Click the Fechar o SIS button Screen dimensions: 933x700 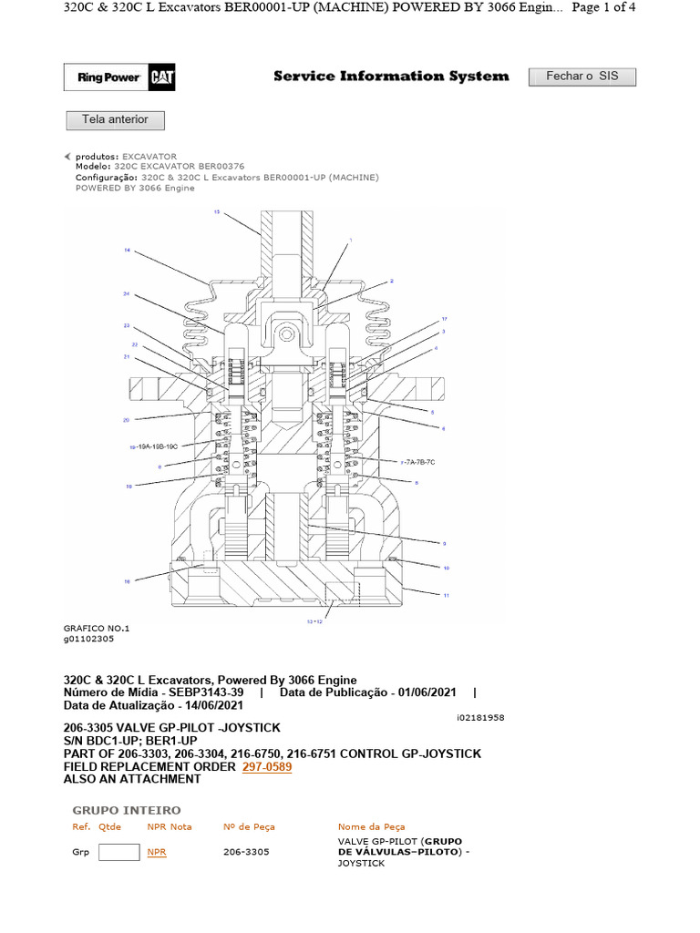[x=582, y=77]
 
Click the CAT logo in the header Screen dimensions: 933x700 [x=163, y=78]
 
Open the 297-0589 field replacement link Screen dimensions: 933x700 [x=267, y=767]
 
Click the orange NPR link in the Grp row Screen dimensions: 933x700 [x=157, y=852]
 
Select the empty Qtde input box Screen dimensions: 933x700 [x=118, y=852]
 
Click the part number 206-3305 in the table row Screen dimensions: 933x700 [x=246, y=852]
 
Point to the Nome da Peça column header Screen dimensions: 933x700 [x=372, y=826]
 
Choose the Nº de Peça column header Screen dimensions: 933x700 [x=249, y=826]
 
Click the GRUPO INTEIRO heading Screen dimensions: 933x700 [x=127, y=810]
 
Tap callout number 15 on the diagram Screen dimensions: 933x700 [x=217, y=211]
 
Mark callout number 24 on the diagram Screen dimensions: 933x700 [x=127, y=294]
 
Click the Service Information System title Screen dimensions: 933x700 [x=391, y=77]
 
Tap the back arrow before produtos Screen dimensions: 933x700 [x=67, y=157]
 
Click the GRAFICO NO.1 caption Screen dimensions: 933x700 [x=97, y=629]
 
